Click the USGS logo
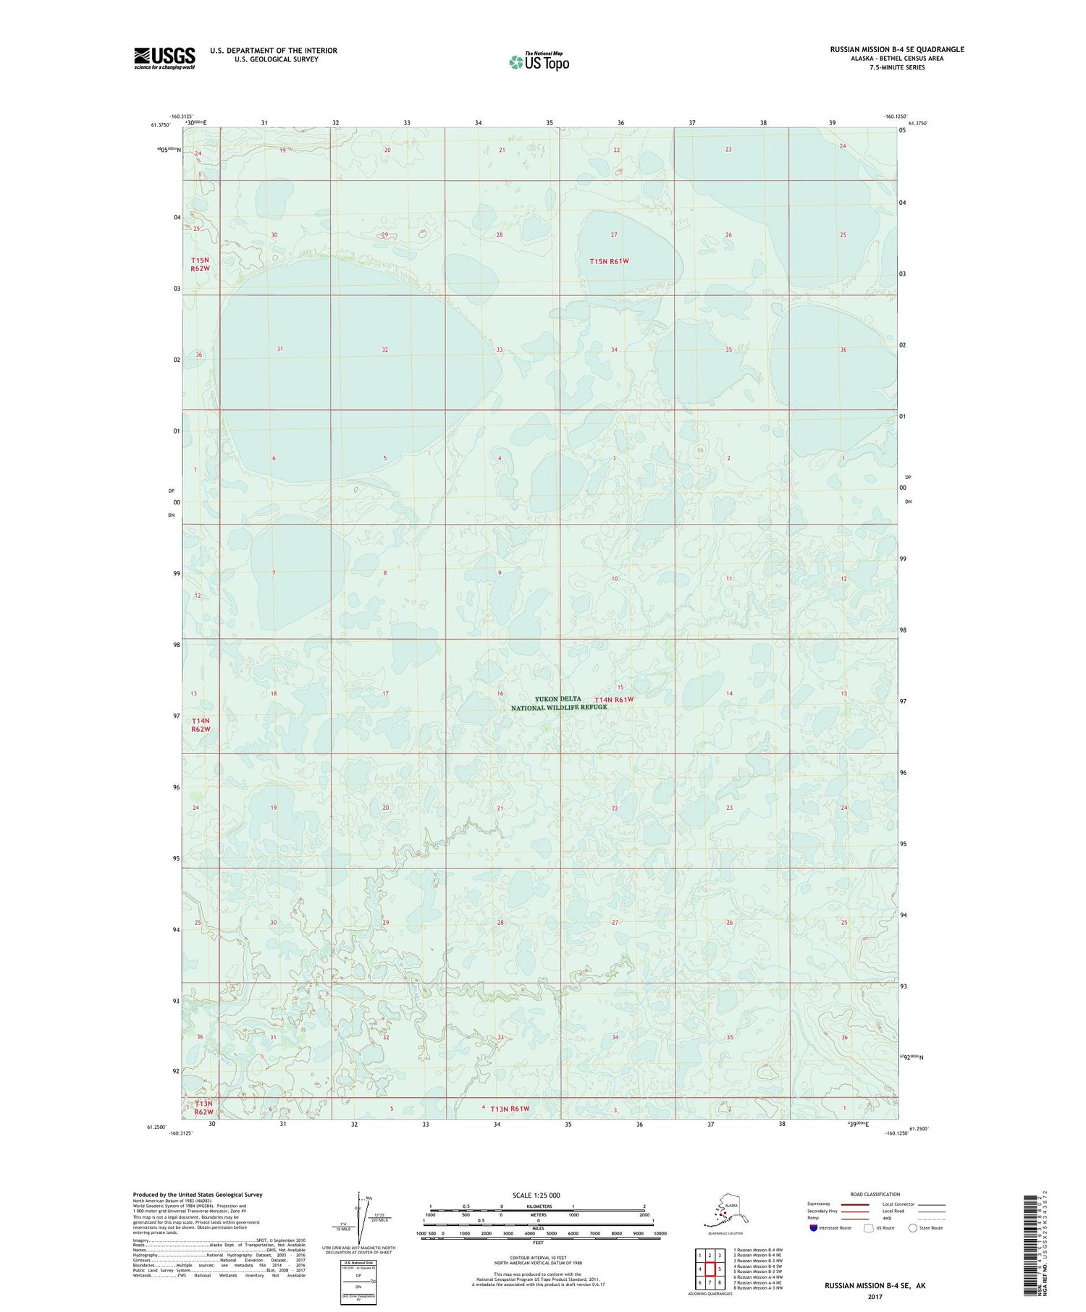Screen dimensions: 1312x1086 [164, 58]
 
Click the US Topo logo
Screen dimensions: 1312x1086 [539, 62]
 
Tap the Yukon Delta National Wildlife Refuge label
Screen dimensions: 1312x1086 [559, 703]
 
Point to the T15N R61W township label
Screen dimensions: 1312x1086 [614, 261]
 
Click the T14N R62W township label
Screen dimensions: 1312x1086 [201, 725]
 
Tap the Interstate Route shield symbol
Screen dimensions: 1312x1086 [814, 1228]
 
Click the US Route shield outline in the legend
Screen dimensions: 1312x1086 [868, 1228]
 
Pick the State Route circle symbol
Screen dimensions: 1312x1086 [913, 1228]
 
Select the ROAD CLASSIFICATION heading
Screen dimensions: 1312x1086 [875, 1194]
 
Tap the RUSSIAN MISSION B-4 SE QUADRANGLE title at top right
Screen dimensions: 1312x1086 [897, 50]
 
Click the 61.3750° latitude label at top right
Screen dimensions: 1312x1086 [917, 124]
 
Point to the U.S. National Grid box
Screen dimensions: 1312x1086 [358, 1284]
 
